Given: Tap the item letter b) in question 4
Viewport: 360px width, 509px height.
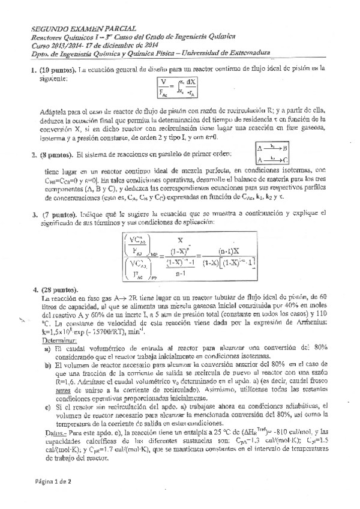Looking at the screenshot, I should coord(48,365).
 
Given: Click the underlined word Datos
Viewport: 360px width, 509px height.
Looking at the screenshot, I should coord(56,431).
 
